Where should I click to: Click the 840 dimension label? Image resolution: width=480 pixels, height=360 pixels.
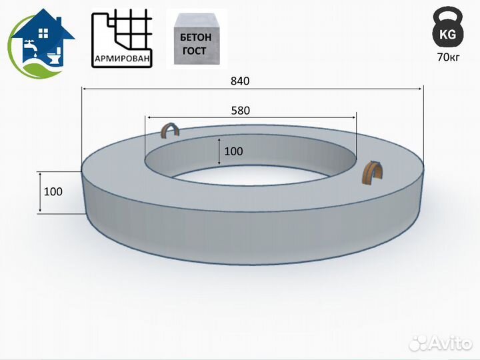240,81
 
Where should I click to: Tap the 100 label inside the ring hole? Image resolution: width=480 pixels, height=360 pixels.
233,151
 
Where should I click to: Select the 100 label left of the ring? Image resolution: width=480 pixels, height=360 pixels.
53,191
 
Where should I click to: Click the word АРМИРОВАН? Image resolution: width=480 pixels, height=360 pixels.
121,59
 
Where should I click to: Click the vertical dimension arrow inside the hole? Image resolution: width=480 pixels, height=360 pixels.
219,151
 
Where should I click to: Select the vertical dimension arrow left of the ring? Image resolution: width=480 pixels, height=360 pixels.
40,192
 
